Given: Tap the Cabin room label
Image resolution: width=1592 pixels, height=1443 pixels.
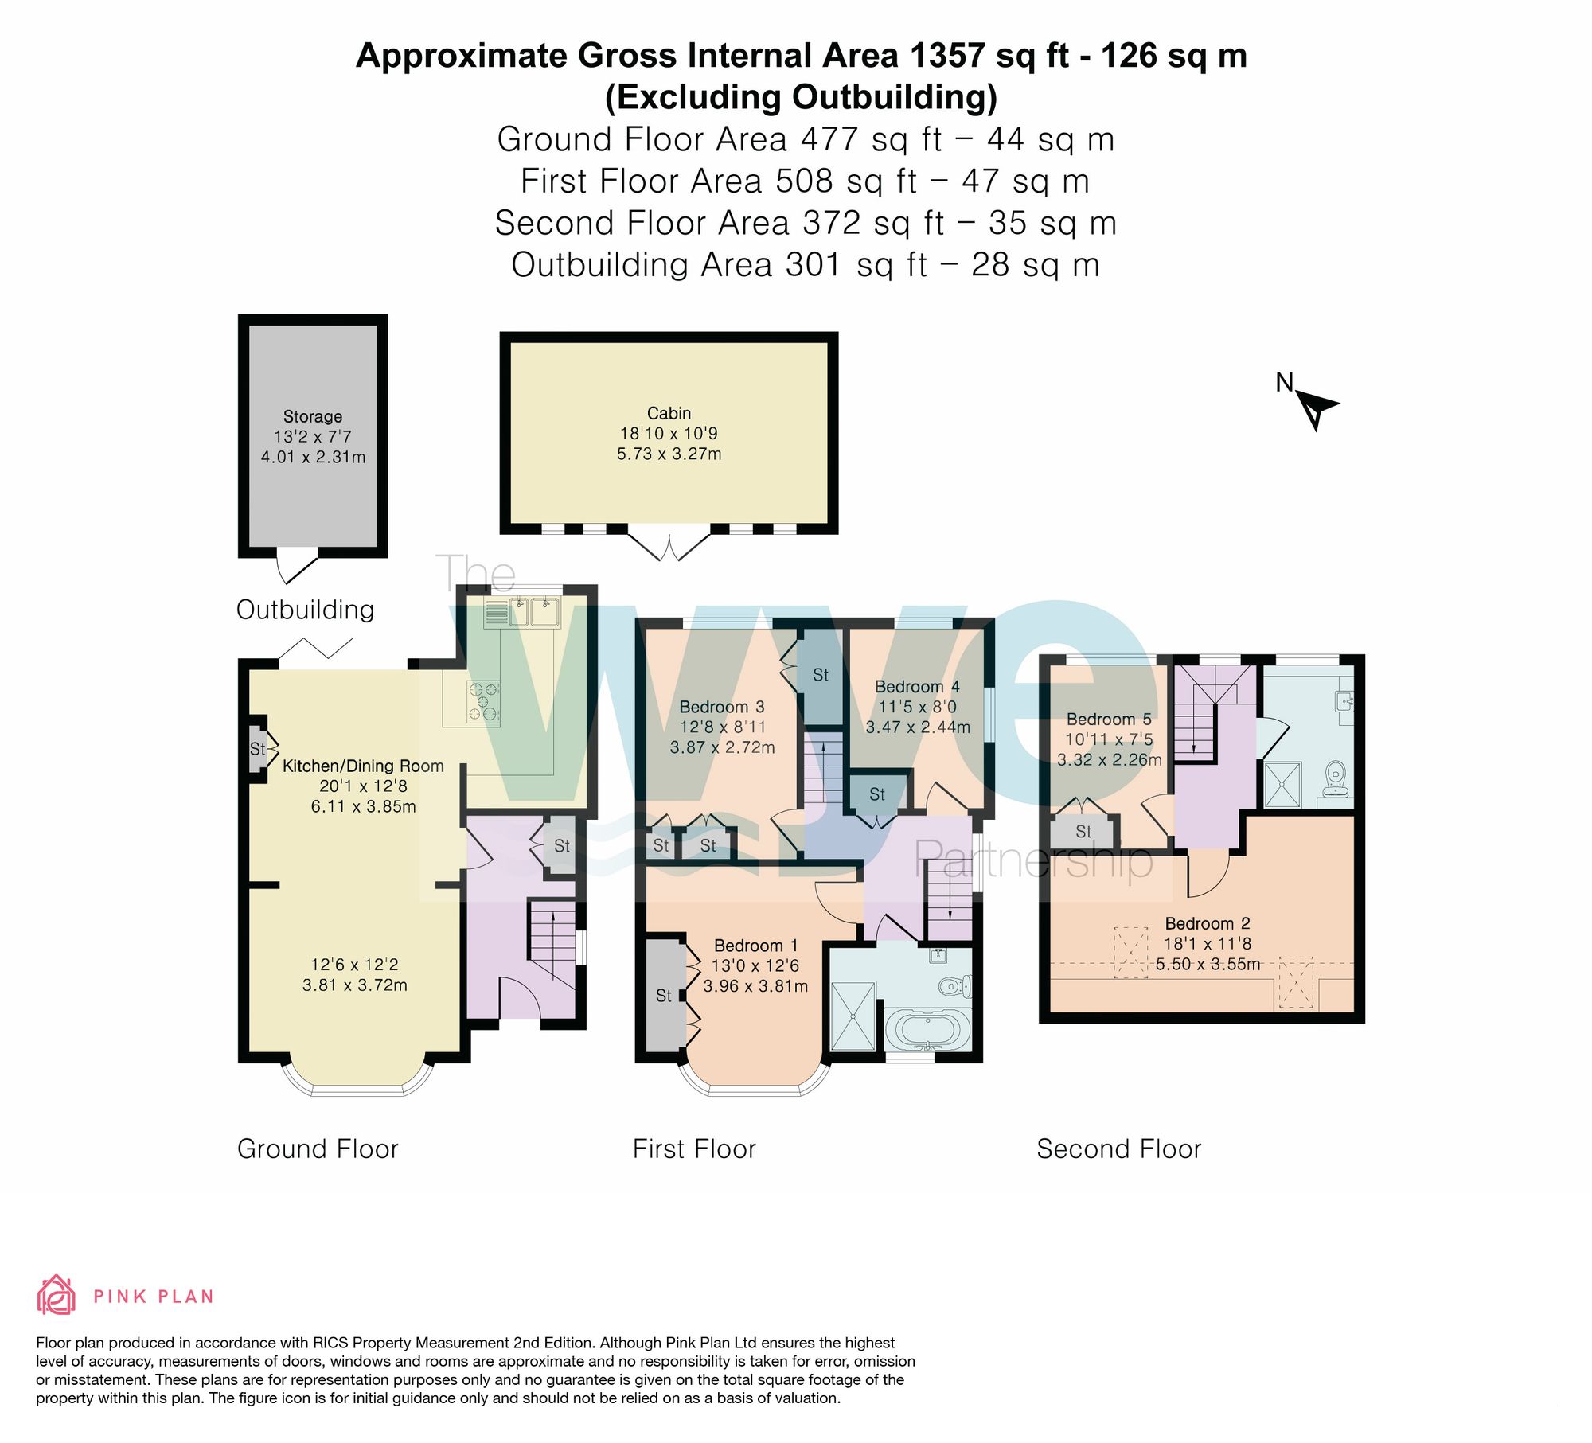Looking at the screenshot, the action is click(669, 413).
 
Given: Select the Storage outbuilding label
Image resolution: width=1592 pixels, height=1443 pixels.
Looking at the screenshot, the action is click(313, 416).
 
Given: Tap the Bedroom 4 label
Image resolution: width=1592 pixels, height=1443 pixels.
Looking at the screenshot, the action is click(917, 686).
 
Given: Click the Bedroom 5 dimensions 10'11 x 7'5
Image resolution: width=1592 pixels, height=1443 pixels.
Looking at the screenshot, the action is click(1109, 739).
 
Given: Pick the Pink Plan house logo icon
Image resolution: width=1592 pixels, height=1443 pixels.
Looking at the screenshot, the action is click(57, 1294).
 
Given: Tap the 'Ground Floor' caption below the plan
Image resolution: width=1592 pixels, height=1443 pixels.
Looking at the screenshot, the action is click(318, 1149).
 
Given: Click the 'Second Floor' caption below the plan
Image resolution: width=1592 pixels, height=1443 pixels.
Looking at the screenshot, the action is click(1118, 1149).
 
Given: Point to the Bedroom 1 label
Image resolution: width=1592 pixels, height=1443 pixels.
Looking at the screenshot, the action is click(755, 946).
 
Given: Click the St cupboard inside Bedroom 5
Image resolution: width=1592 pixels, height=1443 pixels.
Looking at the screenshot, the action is click(1083, 832).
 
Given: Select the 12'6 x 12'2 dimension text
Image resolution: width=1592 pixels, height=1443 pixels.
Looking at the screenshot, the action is click(354, 965).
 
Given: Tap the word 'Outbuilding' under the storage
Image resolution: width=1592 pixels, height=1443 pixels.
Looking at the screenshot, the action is click(305, 610).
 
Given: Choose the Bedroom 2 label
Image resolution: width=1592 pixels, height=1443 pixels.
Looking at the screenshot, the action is click(1208, 923).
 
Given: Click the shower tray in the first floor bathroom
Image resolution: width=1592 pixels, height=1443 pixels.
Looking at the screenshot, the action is click(853, 1016).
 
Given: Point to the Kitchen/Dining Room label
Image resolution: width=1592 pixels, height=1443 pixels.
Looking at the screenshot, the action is click(363, 766).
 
